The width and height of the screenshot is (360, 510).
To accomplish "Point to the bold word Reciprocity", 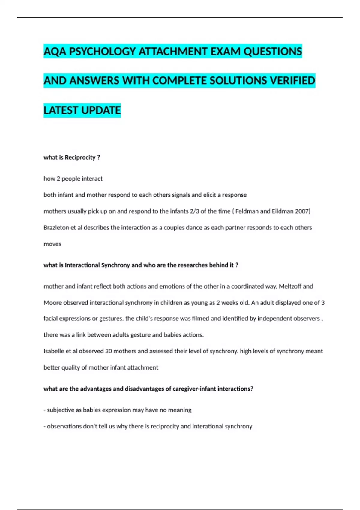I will (80, 157).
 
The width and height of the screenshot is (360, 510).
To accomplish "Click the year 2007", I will (302, 211).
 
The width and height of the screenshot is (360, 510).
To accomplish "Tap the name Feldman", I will (247, 211).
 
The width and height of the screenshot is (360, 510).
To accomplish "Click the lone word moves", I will (52, 244).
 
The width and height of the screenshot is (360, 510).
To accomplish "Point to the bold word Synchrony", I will (115, 265).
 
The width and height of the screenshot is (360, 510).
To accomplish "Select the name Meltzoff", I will (290, 286).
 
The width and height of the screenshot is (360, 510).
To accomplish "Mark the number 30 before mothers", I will (108, 351).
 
